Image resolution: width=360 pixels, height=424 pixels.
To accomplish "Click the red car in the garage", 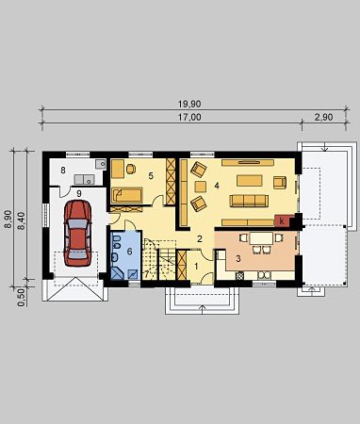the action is click(77, 234).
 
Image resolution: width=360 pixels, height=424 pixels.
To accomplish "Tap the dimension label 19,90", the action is click(189, 104).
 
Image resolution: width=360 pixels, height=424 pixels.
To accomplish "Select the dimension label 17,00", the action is click(189, 117).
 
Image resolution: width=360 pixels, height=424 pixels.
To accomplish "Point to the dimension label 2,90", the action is click(323, 117).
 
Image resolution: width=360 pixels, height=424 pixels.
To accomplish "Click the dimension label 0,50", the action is click(22, 298).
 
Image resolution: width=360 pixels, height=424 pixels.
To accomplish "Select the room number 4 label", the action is click(217, 186).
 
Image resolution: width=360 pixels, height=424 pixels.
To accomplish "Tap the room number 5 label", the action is click(151, 176).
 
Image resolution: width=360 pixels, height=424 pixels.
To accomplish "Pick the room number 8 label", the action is click(63, 171).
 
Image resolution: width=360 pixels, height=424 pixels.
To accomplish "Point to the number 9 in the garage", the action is click(78, 193).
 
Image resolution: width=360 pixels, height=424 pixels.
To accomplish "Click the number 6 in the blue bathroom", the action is click(129, 252).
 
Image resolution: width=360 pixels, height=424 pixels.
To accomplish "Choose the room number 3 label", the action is click(238, 259).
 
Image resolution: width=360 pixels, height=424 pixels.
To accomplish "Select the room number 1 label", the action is click(196, 267).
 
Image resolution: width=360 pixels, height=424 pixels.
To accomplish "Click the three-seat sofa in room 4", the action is click(249, 201).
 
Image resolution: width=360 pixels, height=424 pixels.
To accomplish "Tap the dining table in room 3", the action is click(261, 238).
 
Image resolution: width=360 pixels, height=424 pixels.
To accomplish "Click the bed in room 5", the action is click(127, 195).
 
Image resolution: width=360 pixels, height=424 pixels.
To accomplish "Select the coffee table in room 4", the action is click(250, 181).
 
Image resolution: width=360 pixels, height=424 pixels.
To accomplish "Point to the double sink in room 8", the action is click(84, 179).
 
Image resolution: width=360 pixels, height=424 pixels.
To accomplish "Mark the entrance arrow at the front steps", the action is click(203, 309).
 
